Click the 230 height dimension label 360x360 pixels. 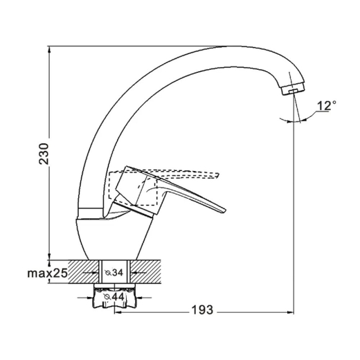(44, 154)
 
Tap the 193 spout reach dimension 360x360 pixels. (202, 309)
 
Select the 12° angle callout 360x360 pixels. (326, 106)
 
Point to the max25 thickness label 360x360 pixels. (47, 273)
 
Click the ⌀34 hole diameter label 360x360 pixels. (114, 273)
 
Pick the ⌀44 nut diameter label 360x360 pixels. (114, 297)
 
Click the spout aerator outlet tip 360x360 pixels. (294, 91)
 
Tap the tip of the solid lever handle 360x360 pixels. (225, 210)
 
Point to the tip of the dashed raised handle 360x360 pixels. (217, 175)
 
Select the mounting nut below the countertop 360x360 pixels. (114, 296)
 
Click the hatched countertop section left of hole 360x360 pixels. (84, 271)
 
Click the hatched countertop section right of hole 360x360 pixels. (145, 271)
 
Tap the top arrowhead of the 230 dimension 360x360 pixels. (49, 49)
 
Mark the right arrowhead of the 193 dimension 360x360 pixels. (290, 312)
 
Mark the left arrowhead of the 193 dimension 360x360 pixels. (118, 312)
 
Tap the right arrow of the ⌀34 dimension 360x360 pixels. (134, 273)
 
